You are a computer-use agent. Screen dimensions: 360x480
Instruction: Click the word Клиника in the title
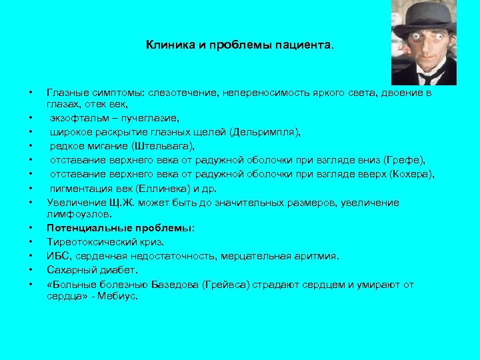(x=165, y=46)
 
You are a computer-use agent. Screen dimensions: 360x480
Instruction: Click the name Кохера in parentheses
(x=413, y=174)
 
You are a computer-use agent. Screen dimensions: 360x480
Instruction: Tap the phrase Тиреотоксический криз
(x=105, y=241)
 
